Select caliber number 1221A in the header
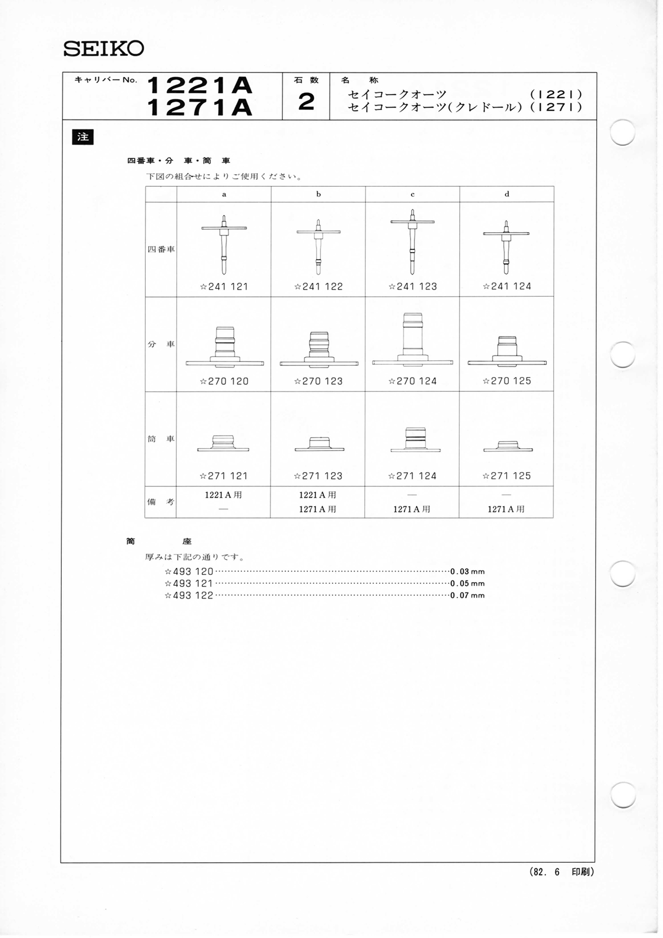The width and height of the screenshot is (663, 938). pos(199,86)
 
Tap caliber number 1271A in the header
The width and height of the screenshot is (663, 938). pos(199,107)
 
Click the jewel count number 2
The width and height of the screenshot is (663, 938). pos(307,102)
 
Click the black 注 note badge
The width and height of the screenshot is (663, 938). pos(83,137)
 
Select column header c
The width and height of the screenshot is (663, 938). pos(413,195)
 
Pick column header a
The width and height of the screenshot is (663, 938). pos(224,195)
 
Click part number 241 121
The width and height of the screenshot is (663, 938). pos(224,287)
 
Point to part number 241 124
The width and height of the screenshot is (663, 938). pos(507,286)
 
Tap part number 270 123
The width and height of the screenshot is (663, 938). pos(319,381)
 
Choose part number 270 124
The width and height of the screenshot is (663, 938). pos(413,381)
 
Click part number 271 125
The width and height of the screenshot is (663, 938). pos(507,476)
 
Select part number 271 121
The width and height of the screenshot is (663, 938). pos(224,476)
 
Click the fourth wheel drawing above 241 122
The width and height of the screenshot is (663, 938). pos(319,247)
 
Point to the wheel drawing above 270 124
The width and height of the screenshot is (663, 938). pos(413,339)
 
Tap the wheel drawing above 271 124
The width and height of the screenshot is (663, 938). pos(415,439)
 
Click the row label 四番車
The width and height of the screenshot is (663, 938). pos(161,250)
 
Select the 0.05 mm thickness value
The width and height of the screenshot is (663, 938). pos(467,584)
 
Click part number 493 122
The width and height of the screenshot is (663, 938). pos(189,596)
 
